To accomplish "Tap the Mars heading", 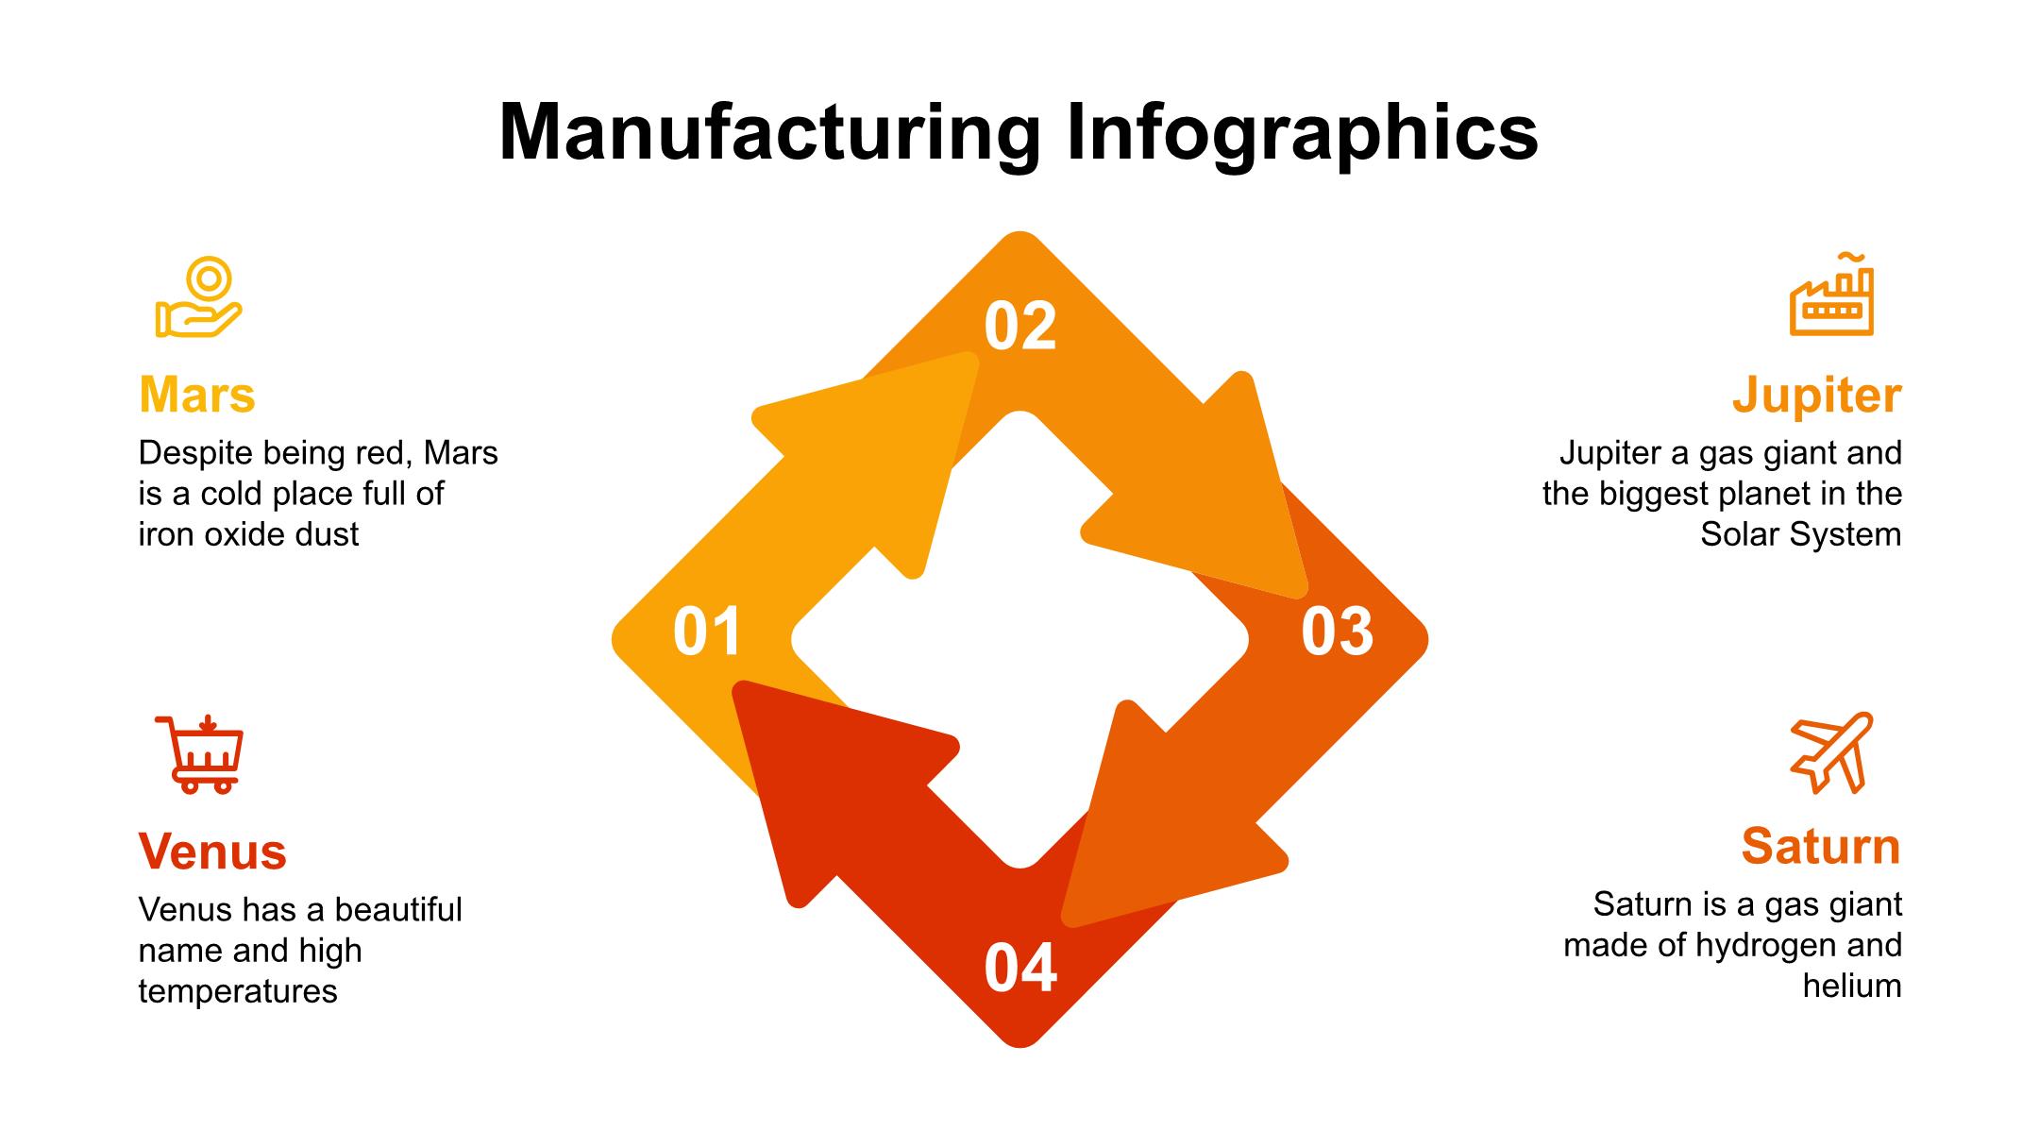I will pyautogui.click(x=196, y=395).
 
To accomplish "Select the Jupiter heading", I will pyautogui.click(x=1816, y=395).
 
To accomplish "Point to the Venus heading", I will pyautogui.click(x=212, y=852).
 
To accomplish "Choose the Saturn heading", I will pyautogui.click(x=1820, y=846).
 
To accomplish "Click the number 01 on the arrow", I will pyautogui.click(x=707, y=633).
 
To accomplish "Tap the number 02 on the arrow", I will pyautogui.click(x=1019, y=328).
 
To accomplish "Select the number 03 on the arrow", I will pyautogui.click(x=1337, y=633).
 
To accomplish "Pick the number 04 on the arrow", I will pyautogui.click(x=1019, y=969).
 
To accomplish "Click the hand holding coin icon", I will pyautogui.click(x=199, y=297).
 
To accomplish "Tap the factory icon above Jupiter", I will pyautogui.click(x=1831, y=295).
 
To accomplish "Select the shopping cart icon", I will pyautogui.click(x=200, y=754).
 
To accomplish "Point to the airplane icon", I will pyautogui.click(x=1831, y=752).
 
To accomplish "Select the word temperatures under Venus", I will pyautogui.click(x=238, y=991).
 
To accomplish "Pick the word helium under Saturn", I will pyautogui.click(x=1851, y=986).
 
